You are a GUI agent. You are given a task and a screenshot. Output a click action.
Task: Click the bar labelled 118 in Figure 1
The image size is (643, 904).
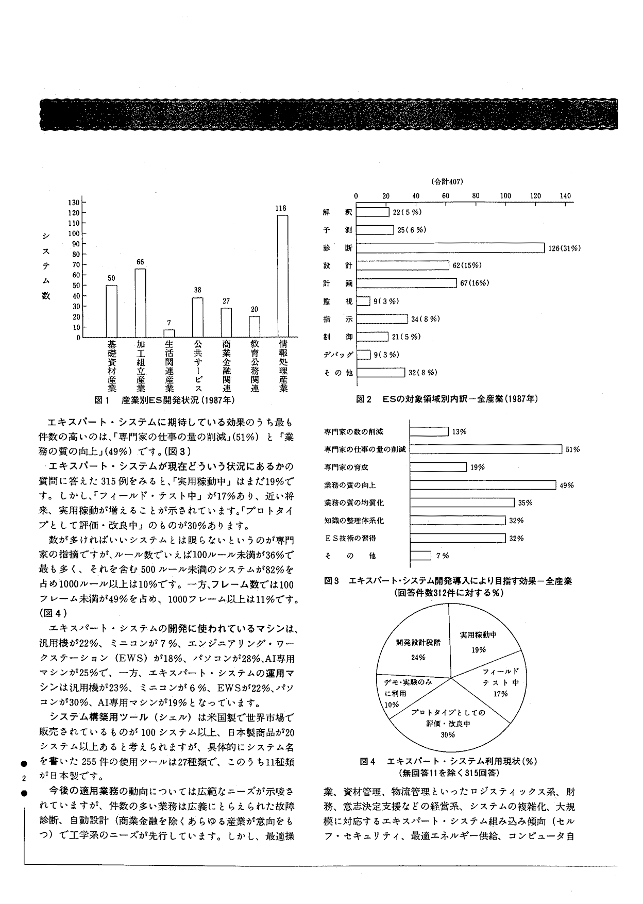[282, 276]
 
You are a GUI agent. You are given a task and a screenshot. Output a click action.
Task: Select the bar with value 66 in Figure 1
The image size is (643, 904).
[141, 303]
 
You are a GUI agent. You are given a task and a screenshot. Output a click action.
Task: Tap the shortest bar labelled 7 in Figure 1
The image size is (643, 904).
[169, 333]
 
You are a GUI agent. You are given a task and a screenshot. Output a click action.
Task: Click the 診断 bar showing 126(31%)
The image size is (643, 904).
[450, 248]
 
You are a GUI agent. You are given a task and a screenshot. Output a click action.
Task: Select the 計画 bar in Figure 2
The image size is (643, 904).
[406, 283]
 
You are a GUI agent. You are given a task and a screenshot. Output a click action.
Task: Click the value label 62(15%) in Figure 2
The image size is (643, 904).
[467, 265]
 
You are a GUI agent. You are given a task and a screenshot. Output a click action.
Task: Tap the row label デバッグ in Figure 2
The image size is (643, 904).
[339, 355]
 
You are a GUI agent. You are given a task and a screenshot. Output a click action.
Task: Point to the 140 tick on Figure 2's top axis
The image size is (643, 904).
[565, 196]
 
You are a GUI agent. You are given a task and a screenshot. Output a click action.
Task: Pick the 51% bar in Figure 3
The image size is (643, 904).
[485, 449]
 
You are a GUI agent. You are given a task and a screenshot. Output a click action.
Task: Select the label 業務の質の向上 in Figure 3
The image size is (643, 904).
[350, 485]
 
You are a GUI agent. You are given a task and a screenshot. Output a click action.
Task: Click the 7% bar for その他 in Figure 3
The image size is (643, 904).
[420, 556]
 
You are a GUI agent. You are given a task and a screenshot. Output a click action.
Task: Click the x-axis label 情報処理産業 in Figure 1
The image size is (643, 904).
[282, 366]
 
